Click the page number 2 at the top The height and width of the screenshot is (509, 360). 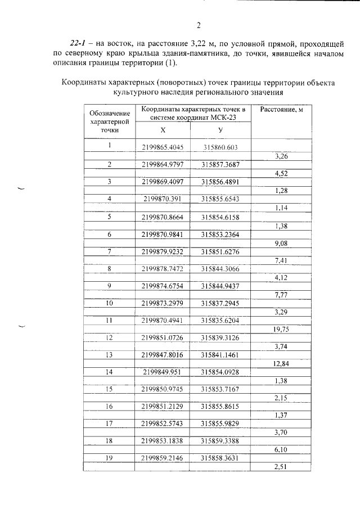199,24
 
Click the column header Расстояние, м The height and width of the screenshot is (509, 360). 281,109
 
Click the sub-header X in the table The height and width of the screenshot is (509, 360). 163,130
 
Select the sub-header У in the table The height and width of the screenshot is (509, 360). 220,130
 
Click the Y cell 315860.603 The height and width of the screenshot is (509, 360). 220,147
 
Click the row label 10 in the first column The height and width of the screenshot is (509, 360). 110,303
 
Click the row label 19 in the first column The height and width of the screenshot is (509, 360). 110,458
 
